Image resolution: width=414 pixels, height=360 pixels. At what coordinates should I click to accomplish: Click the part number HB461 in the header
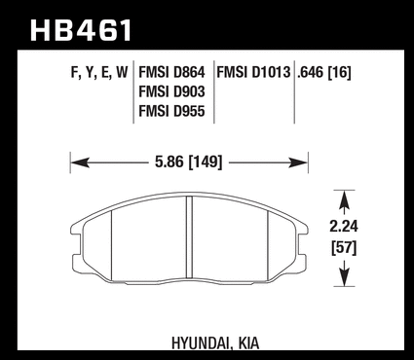pos(81,30)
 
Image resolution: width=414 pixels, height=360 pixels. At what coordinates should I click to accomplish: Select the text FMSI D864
pos(171,72)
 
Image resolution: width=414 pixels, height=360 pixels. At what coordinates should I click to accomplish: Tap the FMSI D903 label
pos(171,91)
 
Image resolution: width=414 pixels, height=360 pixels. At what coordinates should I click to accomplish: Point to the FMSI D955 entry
pos(171,111)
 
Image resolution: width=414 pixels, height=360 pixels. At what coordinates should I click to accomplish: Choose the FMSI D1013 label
pos(253,72)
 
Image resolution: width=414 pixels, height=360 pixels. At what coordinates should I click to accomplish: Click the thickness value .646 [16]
pos(324,72)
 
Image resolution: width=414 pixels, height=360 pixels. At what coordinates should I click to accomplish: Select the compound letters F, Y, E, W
pos(99,73)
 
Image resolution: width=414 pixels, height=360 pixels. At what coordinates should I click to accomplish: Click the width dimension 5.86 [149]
pos(189,162)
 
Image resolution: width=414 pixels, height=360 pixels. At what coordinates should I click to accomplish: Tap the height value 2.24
pos(344,227)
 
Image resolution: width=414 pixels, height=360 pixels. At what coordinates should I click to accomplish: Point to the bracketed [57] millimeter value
pos(344,248)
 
